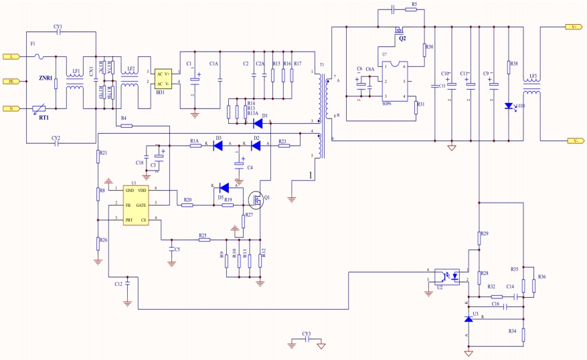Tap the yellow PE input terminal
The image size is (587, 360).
coord(9,82)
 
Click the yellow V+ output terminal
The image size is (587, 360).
coord(573,27)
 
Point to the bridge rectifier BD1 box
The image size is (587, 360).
coord(164,79)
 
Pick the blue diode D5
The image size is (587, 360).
coord(225,187)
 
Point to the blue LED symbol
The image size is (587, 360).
coord(509,106)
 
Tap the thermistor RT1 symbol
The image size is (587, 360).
coord(39,107)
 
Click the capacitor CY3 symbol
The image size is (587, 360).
coord(306,340)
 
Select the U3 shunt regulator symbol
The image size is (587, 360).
coord(469,320)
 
